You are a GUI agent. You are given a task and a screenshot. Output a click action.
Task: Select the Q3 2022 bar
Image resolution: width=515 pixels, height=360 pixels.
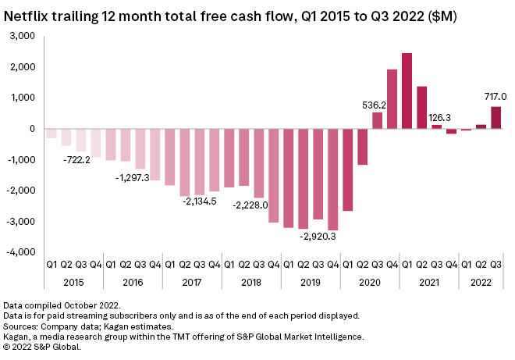[495, 118]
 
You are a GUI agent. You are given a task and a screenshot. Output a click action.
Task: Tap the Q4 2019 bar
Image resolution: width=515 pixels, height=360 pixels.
[332, 180]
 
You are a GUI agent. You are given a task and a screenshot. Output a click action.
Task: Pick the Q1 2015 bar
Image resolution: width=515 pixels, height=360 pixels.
[51, 134]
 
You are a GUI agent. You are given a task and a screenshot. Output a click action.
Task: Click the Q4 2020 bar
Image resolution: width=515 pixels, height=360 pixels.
[392, 99]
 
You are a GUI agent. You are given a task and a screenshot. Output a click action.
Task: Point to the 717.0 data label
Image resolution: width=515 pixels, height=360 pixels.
[495, 97]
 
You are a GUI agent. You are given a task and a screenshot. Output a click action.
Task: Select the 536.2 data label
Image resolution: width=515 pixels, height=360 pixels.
[376, 103]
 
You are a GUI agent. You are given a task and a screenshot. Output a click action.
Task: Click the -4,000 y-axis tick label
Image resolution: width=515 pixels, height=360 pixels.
[22, 252]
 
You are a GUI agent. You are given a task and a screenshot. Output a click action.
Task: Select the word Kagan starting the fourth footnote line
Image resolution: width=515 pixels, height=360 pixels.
[17, 336]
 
